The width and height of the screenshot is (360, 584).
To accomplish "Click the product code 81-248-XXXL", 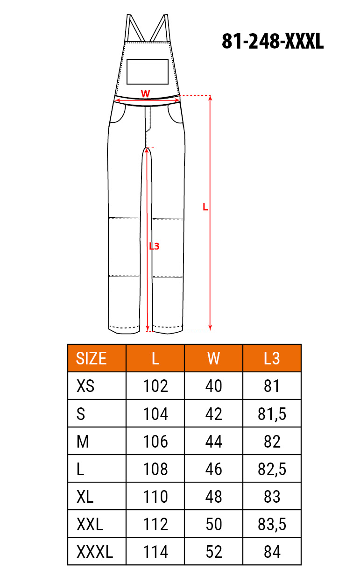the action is [x=273, y=41].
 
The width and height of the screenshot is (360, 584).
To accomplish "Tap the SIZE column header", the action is [x=91, y=358].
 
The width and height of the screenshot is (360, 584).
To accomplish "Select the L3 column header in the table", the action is [x=272, y=358].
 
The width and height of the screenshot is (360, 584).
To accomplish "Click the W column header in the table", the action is [x=213, y=358].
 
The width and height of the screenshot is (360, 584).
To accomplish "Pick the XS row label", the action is [x=85, y=386].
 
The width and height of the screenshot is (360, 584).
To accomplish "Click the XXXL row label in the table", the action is [x=95, y=552].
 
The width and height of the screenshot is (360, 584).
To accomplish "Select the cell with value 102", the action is [x=155, y=386].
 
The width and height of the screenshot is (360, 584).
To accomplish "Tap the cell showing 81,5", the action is [x=272, y=414].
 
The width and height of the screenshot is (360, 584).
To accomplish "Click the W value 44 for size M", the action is [x=213, y=442].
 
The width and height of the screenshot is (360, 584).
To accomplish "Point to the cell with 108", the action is [x=155, y=469].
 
